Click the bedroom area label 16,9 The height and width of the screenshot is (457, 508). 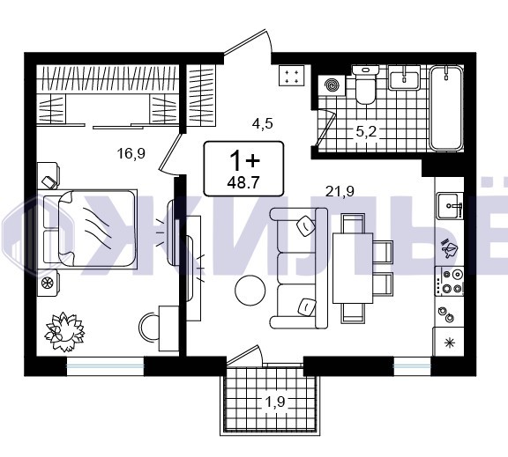point(131,153)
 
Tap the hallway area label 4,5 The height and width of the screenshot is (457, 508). point(263,123)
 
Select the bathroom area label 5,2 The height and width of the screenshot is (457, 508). point(366,131)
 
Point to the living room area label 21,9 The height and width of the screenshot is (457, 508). point(340,191)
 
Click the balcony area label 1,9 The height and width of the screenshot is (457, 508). point(275,402)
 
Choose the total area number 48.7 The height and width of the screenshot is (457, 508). point(243,183)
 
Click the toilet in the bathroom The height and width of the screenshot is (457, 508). point(365,84)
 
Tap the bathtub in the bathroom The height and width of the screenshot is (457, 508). point(446,107)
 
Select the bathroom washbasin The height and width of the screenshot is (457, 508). point(404,77)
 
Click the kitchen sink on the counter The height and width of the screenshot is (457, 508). point(450,206)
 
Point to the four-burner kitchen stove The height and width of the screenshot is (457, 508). point(450,281)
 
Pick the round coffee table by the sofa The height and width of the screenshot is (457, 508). point(250,290)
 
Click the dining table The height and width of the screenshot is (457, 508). point(353,268)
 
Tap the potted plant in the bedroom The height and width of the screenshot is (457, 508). point(64,332)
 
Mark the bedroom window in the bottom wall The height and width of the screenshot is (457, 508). point(105,365)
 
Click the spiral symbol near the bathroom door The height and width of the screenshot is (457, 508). point(332,85)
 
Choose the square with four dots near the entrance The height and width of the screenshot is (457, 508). point(292,75)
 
